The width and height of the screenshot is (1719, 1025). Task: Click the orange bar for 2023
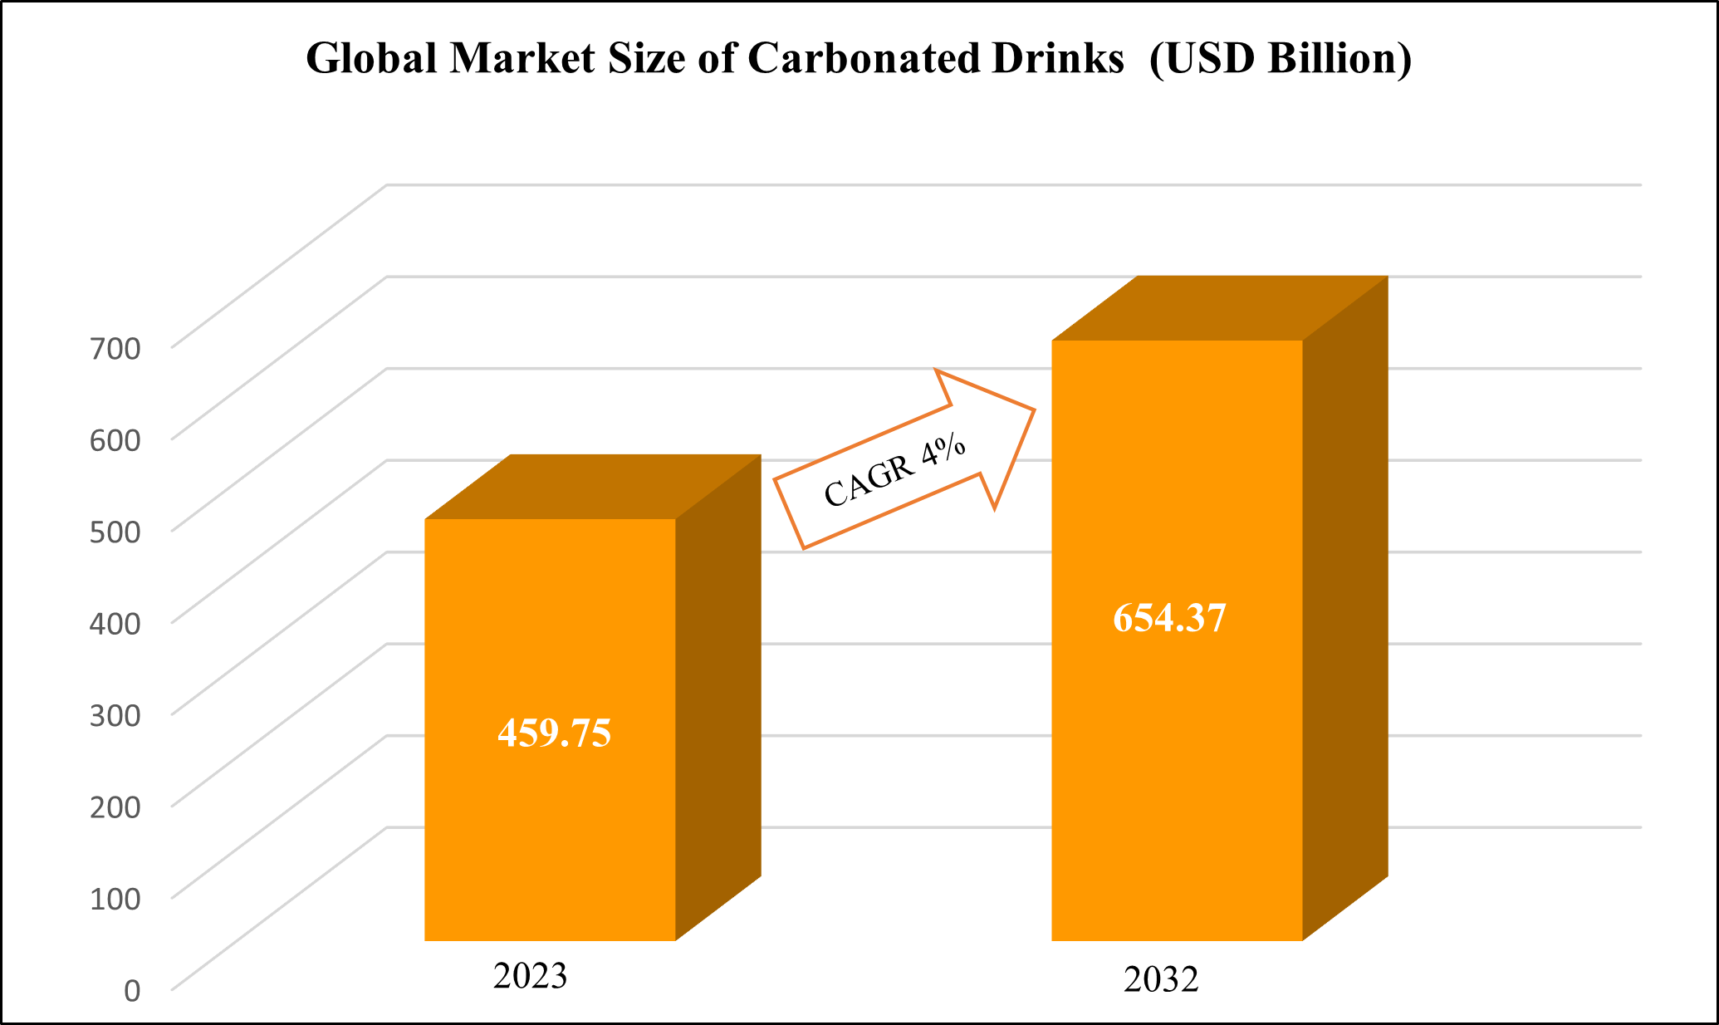click(x=550, y=831)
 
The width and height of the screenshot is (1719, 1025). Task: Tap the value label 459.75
click(x=554, y=733)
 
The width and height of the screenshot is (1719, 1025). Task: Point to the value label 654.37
click(x=1169, y=619)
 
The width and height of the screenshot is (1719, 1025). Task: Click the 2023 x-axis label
click(x=530, y=976)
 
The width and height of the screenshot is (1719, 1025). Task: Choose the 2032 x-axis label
click(x=1161, y=980)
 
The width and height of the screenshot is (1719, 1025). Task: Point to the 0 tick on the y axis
click(x=132, y=990)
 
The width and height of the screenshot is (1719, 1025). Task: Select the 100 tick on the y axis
click(x=115, y=898)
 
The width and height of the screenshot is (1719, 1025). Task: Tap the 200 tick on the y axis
click(x=115, y=807)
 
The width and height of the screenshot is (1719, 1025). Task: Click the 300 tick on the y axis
click(x=115, y=714)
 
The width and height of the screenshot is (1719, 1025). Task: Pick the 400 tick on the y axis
click(x=115, y=623)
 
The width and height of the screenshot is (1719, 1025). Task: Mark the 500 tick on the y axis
click(x=115, y=531)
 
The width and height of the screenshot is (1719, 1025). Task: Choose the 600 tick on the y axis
click(x=115, y=439)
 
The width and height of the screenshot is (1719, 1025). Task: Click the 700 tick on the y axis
click(x=115, y=347)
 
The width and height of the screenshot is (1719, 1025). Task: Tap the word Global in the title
click(x=371, y=58)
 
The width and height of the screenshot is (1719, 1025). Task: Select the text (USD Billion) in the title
click(x=1281, y=58)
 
